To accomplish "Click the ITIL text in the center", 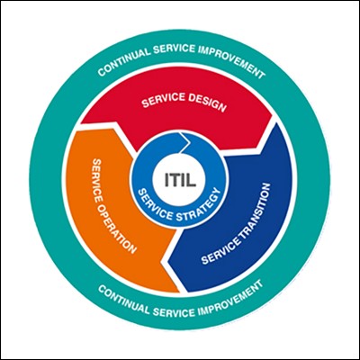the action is [180, 179].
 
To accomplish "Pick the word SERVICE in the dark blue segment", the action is [220, 249].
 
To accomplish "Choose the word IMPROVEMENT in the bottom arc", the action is [231, 300].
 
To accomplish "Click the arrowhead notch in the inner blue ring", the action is [186, 140].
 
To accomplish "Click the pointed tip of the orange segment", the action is [179, 292].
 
